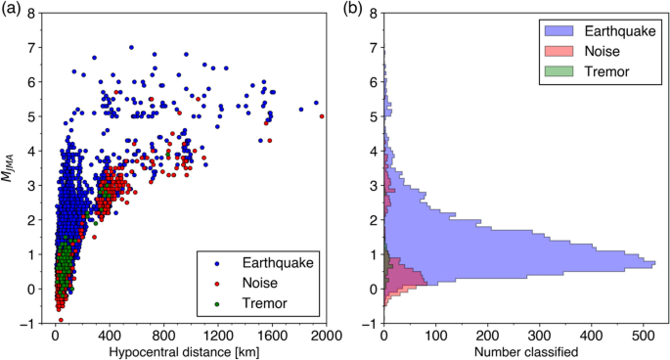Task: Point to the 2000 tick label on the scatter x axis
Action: tap(325, 335)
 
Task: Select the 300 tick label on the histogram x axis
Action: tap(539, 335)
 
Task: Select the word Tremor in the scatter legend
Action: tap(253, 302)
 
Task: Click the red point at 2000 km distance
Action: tap(323, 116)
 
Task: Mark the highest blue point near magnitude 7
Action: tap(131, 47)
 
